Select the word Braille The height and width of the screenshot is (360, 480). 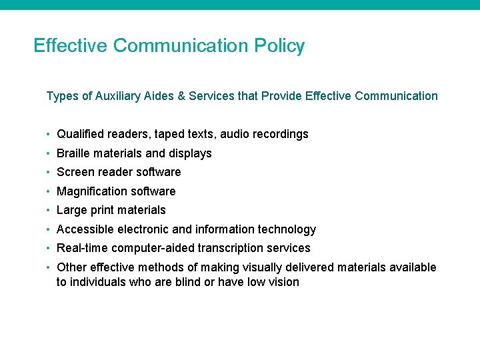coord(73,153)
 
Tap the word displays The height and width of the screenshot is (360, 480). coord(190,153)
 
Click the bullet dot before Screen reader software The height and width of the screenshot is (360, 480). coord(49,172)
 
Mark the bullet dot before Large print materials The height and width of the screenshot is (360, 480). coord(49,210)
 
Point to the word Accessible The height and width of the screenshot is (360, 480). coord(83,229)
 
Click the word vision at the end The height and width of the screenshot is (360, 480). coord(283,282)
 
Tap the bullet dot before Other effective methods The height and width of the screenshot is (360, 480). coord(49,267)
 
